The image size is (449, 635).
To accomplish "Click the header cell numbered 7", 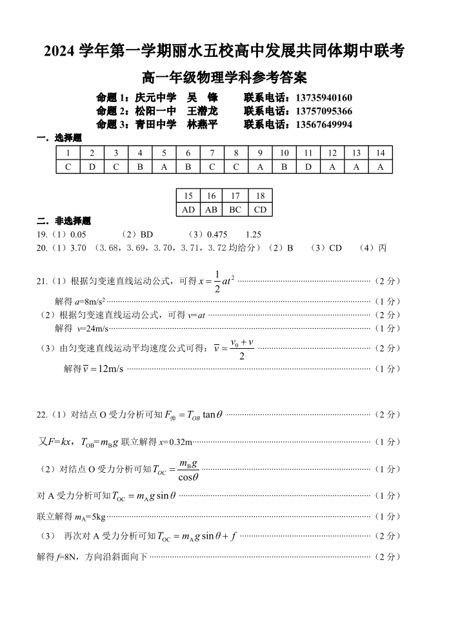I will click(212, 153).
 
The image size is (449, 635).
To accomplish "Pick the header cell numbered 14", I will click(381, 153).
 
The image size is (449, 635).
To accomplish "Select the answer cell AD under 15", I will click(188, 209).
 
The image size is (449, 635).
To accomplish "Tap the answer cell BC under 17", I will click(235, 209).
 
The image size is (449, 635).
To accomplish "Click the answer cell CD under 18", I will click(260, 209).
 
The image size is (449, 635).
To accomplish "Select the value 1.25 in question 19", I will click(254, 234).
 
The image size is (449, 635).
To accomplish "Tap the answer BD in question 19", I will click(146, 234).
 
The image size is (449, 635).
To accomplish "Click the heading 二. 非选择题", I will click(64, 221).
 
